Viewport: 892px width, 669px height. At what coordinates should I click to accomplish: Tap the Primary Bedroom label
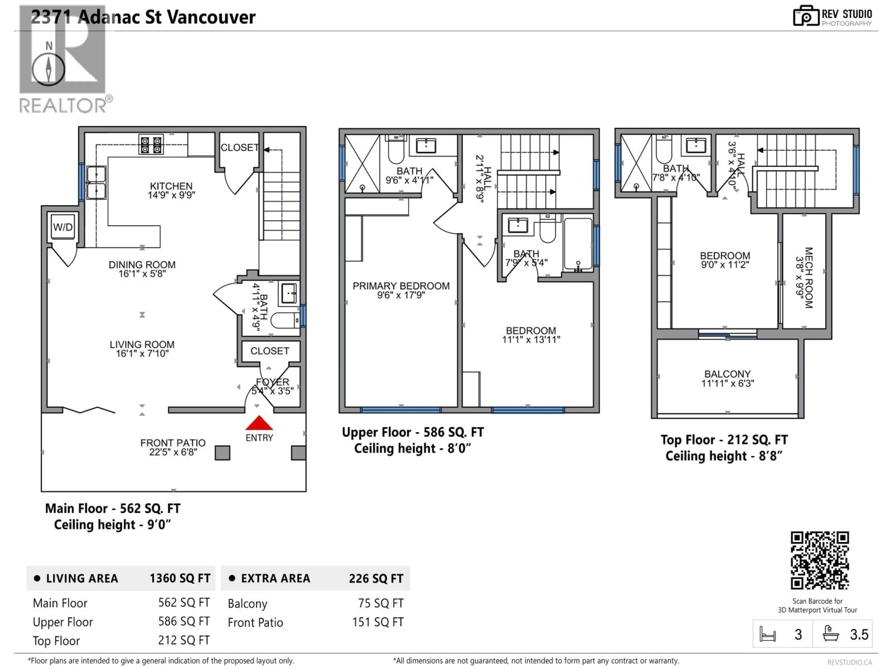click(401, 286)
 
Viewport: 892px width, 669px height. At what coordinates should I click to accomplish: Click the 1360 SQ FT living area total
click(180, 578)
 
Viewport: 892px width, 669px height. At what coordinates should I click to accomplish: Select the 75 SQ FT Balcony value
click(380, 603)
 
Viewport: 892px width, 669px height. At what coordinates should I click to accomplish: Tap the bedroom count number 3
click(798, 635)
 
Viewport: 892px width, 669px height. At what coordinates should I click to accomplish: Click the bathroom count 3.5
click(859, 635)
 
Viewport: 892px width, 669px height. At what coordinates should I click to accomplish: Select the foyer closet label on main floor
click(270, 351)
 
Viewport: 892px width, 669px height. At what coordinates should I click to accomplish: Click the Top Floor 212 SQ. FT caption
click(724, 439)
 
